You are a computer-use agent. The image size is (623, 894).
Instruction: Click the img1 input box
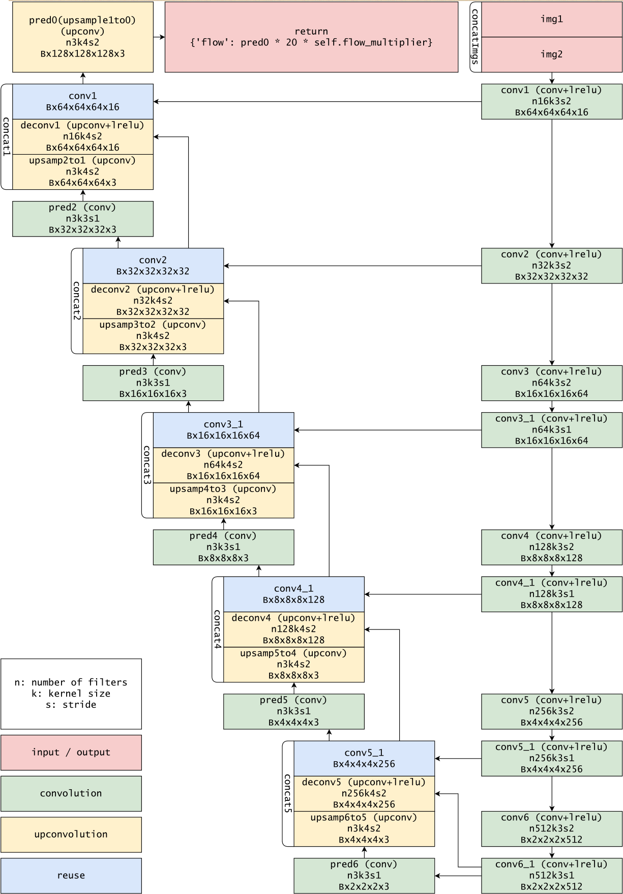coord(551,19)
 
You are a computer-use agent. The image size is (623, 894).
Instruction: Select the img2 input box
coord(551,54)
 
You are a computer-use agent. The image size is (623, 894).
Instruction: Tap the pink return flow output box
coord(311,37)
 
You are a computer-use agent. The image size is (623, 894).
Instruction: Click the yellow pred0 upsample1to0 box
coord(82,37)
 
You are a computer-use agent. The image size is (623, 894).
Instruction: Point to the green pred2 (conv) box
coord(82,219)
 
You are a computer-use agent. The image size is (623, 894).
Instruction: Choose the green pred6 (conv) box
coord(364,876)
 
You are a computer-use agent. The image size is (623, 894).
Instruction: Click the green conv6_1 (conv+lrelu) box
coord(551,876)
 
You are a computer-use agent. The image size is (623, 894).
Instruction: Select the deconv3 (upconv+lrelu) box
coord(223,465)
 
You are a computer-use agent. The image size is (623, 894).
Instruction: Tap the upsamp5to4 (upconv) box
coord(293,665)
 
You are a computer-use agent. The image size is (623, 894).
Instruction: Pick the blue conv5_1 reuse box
coord(364,758)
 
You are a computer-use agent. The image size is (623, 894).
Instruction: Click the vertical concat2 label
coord(77,301)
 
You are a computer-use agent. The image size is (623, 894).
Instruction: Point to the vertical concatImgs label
coord(475,37)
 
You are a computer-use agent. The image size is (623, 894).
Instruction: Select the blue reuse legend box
coord(71,876)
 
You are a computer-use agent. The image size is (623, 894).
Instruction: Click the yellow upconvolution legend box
coord(71,834)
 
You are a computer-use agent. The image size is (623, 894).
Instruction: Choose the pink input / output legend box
coord(71,753)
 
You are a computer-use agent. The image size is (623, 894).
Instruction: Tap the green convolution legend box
coord(71,793)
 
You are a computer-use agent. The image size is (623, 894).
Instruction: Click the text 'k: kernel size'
coord(71,694)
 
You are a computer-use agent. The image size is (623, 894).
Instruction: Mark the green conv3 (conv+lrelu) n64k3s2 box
coord(551,383)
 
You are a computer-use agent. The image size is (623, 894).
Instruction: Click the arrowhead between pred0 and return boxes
coord(162,37)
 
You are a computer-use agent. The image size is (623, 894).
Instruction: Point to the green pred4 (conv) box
coord(223,547)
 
